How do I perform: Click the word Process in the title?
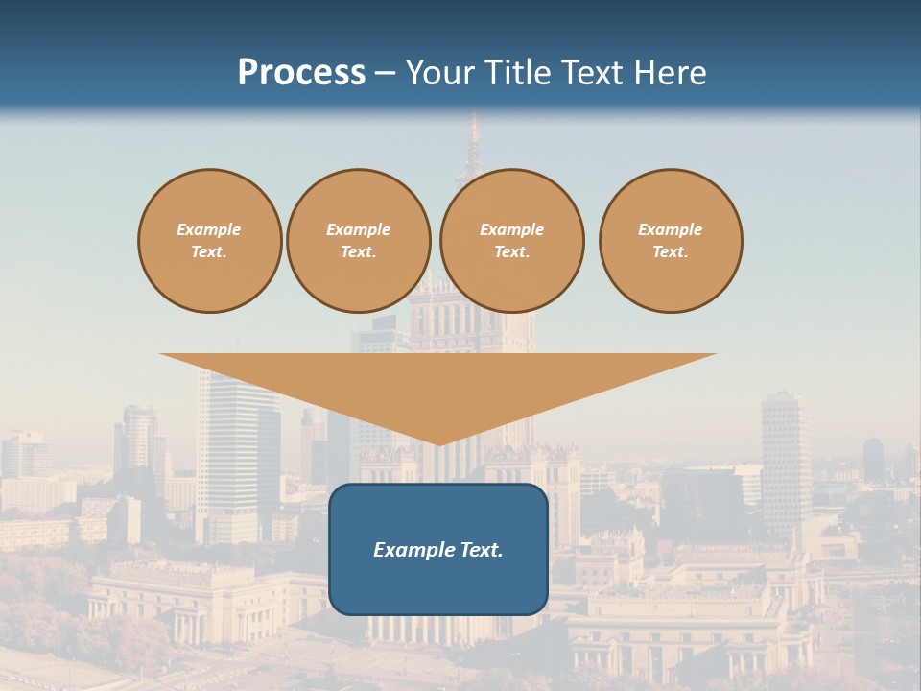coord(301,73)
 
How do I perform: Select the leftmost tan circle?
coord(209,241)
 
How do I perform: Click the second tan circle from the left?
coord(358,241)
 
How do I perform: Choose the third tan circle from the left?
coord(511,241)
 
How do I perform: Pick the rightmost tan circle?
coord(670,241)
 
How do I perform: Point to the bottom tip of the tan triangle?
coord(438,443)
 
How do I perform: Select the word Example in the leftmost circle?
coord(209,229)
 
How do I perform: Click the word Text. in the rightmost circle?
coord(670,252)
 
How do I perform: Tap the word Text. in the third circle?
coord(511,252)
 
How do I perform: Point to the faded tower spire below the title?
coord(472,144)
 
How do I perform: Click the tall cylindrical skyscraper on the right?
coord(786,451)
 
